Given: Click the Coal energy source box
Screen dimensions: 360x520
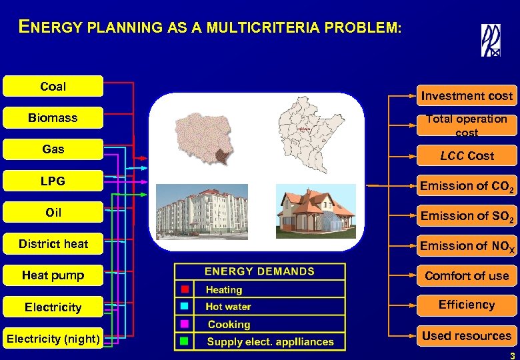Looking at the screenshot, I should tap(53, 86).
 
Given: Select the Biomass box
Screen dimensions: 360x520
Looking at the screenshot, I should tap(53, 118).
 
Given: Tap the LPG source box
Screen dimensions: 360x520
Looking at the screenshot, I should tap(53, 181).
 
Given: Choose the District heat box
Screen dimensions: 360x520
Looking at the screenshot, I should tap(53, 244).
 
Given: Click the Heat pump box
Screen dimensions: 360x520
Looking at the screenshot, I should tap(53, 275).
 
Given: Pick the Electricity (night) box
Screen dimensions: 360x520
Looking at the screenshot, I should tap(53, 339).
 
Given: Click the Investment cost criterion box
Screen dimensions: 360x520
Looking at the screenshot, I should tap(467, 96).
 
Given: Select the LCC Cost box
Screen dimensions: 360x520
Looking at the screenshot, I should tap(467, 156).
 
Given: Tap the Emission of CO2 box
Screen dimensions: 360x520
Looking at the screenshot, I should tap(467, 186).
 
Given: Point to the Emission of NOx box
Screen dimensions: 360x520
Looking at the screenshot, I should tap(467, 246).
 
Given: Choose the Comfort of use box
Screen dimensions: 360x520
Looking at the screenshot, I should tap(467, 276).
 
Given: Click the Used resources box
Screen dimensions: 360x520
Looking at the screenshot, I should tap(467, 336).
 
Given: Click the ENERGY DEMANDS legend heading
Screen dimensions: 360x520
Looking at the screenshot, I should tap(259, 271).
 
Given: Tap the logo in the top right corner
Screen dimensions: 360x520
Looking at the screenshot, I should tap(491, 41).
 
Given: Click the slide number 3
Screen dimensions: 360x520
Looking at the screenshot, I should tap(512, 353).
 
